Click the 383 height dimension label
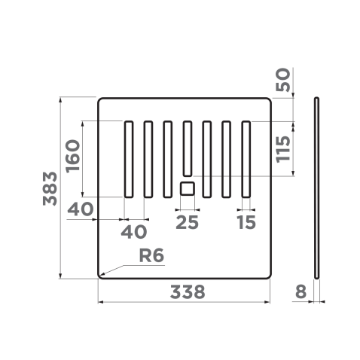click(50, 188)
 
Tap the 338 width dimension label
click(188, 292)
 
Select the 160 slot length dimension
click(72, 156)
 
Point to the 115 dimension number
click(282, 149)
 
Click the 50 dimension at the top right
click(282, 79)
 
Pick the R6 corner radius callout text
click(151, 255)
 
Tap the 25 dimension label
click(187, 222)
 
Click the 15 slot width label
click(246, 222)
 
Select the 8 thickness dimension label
click(301, 291)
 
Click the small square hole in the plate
click(188, 188)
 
